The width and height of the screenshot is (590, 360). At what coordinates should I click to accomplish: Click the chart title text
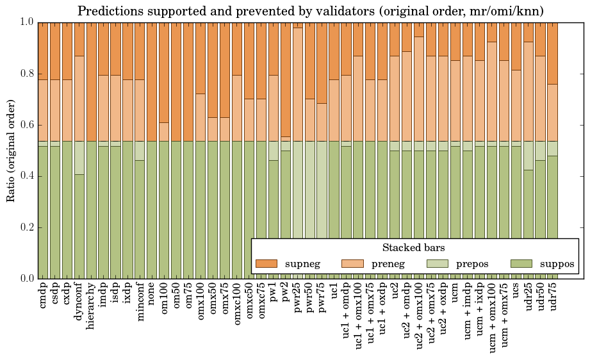tap(311, 11)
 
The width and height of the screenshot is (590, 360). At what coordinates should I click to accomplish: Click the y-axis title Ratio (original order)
tap(11, 151)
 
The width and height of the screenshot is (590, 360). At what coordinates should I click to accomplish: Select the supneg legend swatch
tap(266, 263)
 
